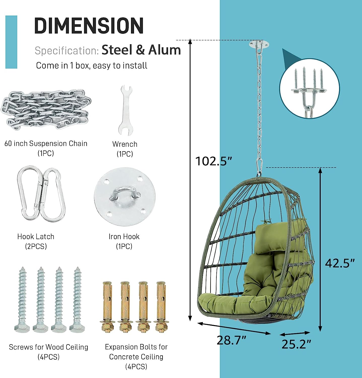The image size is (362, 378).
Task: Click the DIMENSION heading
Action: pos(89,25)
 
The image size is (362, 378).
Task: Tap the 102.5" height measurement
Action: pos(213,161)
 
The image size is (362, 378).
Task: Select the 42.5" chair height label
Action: pos(340,263)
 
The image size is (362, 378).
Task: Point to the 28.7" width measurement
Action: pos(231,340)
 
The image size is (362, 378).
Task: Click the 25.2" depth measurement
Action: pos(296,344)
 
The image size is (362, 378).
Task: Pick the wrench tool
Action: pos(125,111)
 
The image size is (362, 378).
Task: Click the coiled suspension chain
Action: pos(46,110)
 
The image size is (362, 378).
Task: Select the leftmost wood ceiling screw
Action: pos(22,300)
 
